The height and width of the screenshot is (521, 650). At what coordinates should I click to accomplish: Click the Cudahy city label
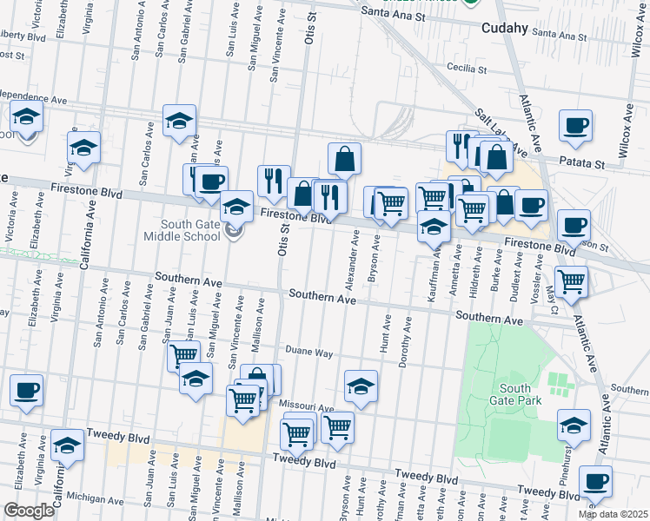point(505,28)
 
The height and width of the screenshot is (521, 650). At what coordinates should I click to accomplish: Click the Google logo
point(29,511)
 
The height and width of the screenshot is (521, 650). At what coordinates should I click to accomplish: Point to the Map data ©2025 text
point(612,514)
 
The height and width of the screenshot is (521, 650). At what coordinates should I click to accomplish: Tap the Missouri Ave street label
point(306,406)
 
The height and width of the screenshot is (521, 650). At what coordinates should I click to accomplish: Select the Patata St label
point(581,163)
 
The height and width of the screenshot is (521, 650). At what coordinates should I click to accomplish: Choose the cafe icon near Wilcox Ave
point(575,126)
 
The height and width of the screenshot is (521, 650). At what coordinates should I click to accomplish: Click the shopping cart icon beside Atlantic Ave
point(571,280)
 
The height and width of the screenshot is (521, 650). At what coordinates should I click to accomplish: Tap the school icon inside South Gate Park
point(574,425)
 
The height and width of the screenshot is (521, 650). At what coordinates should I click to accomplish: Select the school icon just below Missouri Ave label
point(361,386)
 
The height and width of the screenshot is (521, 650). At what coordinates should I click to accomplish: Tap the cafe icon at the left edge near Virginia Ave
point(26,390)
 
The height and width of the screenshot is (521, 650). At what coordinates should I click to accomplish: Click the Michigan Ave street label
point(94,499)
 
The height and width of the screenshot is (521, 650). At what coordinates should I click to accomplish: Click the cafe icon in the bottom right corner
point(595,481)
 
